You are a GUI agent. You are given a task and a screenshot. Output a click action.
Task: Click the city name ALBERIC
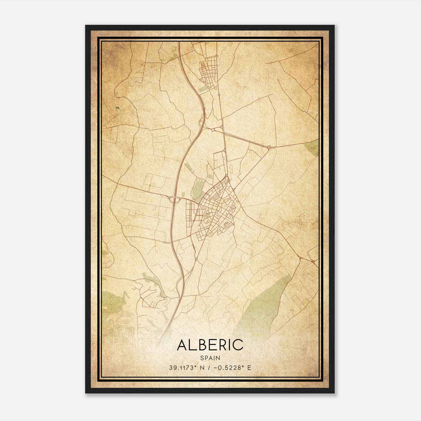(x=210, y=345)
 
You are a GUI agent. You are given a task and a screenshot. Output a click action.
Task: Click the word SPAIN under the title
(x=210, y=358)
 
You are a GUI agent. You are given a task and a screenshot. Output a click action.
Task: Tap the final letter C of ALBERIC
(x=238, y=345)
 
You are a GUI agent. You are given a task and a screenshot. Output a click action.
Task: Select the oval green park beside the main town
(x=197, y=189)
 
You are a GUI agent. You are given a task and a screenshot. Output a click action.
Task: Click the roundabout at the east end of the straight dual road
(x=269, y=148)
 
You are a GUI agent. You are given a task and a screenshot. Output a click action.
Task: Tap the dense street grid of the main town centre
(x=216, y=208)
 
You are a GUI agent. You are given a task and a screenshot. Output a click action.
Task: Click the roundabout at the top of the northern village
(x=216, y=56)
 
